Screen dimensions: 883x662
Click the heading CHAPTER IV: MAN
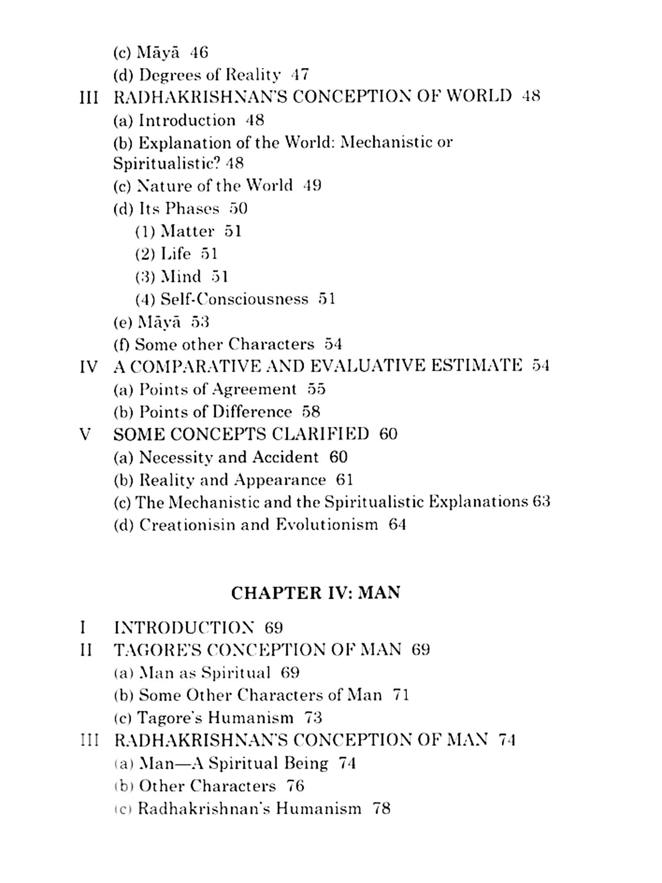[x=316, y=592]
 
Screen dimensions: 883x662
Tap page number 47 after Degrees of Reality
[x=300, y=75]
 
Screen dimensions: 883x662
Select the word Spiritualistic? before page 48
[x=166, y=163]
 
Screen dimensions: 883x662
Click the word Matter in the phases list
[x=187, y=231]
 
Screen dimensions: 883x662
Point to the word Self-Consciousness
[x=234, y=299]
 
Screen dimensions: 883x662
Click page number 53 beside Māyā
[x=200, y=322]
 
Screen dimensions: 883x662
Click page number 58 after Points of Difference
[x=311, y=412]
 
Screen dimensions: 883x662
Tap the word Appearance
[x=280, y=480]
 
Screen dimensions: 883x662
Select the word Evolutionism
[x=327, y=525]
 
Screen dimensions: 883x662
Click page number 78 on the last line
[x=382, y=808]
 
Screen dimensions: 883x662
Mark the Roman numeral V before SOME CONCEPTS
[x=85, y=434]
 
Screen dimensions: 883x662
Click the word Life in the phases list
[x=176, y=253]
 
